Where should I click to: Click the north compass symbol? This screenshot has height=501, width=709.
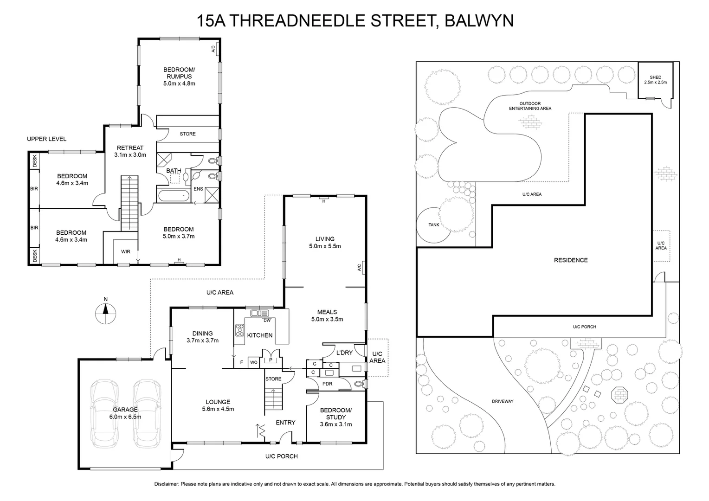[105, 314]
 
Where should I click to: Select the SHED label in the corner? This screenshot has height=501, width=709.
[655, 77]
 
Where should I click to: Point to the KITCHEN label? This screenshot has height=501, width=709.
[259, 335]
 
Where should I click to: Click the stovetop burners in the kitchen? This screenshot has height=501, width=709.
[240, 330]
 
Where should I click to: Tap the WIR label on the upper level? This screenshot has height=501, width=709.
[125, 252]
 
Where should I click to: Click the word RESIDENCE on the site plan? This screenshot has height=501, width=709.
[571, 260]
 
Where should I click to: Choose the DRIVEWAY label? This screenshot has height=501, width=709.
[503, 401]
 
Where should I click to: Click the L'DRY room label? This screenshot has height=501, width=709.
[344, 353]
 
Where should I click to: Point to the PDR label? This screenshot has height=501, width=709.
[327, 384]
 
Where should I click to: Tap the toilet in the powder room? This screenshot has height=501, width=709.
[358, 384]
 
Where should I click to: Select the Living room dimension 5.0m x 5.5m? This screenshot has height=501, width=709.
[325, 246]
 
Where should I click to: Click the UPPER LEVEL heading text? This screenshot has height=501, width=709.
[46, 139]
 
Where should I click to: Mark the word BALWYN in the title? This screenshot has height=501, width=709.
[479, 21]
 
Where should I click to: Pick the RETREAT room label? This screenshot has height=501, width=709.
[130, 148]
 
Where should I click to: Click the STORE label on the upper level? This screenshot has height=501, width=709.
[187, 134]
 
